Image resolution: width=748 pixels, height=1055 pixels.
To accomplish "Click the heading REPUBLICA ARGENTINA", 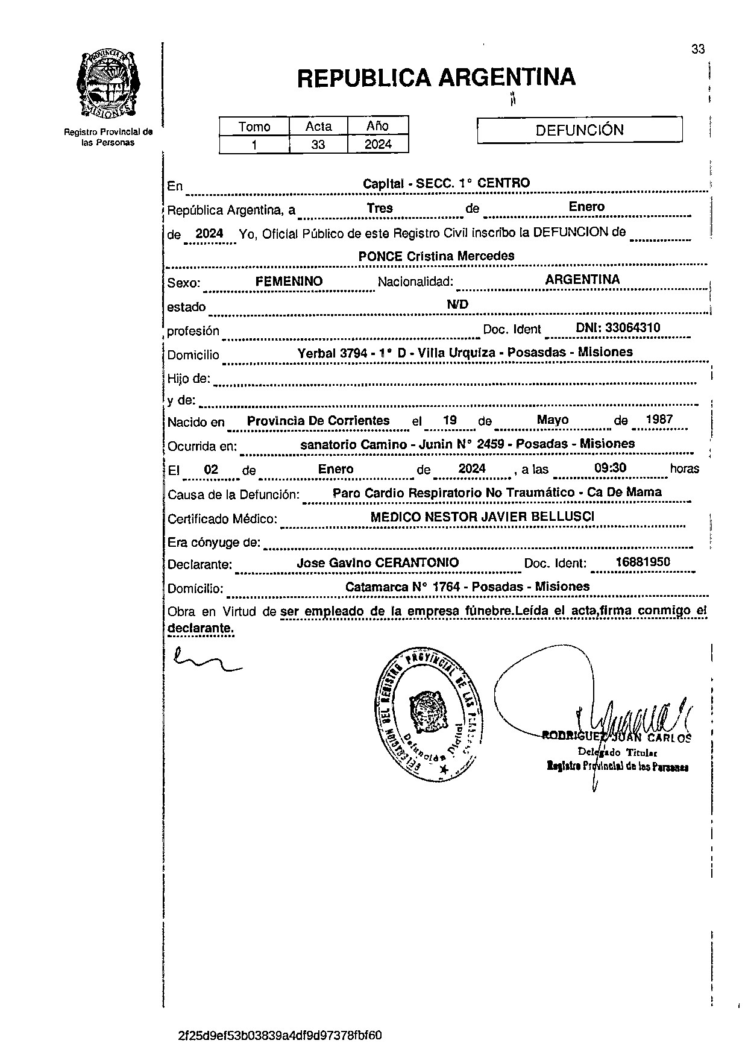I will (x=436, y=78).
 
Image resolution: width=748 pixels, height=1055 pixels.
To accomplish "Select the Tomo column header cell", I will (x=254, y=127).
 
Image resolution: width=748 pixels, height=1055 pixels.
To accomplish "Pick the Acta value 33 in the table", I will (x=318, y=145).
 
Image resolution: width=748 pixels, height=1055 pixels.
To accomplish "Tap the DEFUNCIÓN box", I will (x=579, y=130).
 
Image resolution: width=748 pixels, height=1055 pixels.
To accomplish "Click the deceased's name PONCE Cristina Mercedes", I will (x=436, y=256).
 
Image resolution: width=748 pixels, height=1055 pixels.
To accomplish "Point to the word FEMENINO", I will (x=289, y=282).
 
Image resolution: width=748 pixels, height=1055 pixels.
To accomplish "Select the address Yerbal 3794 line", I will (x=465, y=353).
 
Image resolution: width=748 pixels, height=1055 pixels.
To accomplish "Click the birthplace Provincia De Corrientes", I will (x=318, y=421).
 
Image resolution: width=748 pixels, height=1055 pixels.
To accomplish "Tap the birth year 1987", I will (x=659, y=420).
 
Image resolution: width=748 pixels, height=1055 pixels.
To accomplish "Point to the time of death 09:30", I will (x=610, y=468).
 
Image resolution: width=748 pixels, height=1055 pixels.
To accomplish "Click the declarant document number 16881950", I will (x=643, y=562).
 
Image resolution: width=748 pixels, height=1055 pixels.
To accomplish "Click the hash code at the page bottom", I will (x=280, y=1036).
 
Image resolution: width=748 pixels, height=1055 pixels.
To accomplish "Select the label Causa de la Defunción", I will (x=233, y=495).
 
